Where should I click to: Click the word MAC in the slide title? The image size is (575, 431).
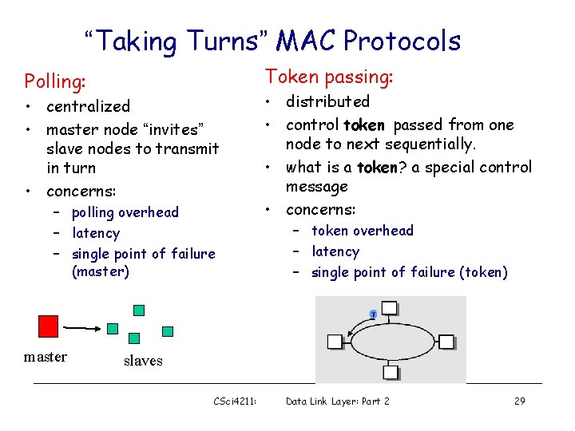(x=311, y=40)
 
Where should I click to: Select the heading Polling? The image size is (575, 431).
(x=55, y=81)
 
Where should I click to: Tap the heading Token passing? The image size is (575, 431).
(x=329, y=77)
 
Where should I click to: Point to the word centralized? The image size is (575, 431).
(x=88, y=106)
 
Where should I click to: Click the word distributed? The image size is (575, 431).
(x=327, y=101)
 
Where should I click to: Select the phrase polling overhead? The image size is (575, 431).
(x=125, y=212)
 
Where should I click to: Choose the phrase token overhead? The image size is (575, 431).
(x=363, y=231)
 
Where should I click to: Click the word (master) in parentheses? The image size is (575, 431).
(x=101, y=271)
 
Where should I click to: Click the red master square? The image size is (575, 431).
(x=49, y=326)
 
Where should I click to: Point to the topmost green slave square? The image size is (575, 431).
(x=139, y=310)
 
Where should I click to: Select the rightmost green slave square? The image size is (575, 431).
(x=168, y=331)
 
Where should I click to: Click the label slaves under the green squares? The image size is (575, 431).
(x=143, y=361)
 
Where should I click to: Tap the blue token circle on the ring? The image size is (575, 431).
(x=373, y=313)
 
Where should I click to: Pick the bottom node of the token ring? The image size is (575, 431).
(x=390, y=371)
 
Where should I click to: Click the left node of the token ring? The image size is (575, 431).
(x=335, y=342)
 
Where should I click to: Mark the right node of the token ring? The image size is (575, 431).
(x=446, y=342)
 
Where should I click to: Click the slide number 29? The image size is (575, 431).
(x=519, y=401)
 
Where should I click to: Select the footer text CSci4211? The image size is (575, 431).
(x=236, y=401)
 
